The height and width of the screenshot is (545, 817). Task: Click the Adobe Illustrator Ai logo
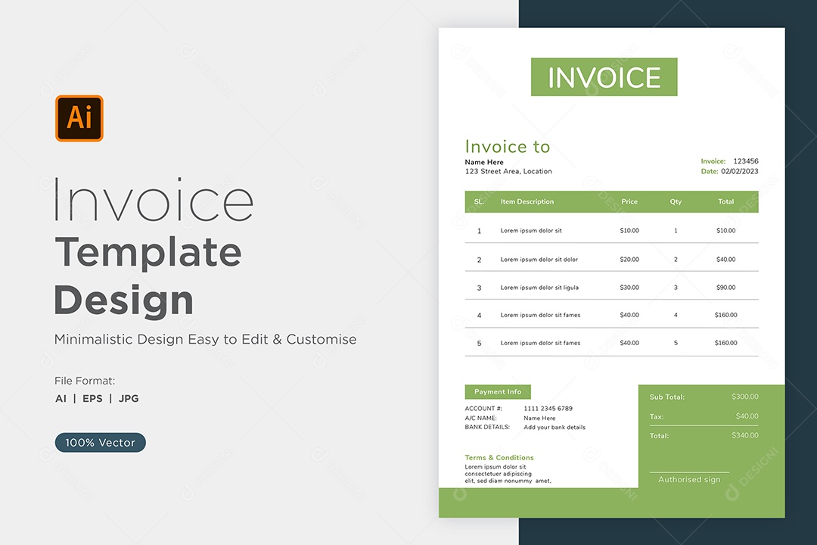(x=79, y=118)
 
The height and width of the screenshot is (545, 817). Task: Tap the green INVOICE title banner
(x=604, y=77)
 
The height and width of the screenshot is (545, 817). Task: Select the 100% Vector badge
(x=100, y=442)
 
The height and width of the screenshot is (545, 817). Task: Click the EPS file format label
(x=92, y=398)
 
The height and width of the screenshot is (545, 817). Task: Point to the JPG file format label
(x=129, y=398)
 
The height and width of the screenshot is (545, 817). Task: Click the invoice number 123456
(x=746, y=161)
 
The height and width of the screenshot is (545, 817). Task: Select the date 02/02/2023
(x=739, y=171)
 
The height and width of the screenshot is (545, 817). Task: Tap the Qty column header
(x=676, y=202)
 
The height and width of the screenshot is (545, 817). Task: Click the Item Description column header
(x=527, y=202)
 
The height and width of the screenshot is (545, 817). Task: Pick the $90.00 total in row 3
(x=725, y=288)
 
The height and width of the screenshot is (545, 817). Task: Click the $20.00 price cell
(x=629, y=259)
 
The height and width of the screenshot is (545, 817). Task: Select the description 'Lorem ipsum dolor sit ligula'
(x=539, y=288)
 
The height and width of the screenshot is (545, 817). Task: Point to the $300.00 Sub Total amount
(x=744, y=397)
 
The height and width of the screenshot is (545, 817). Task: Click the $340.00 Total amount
(x=744, y=435)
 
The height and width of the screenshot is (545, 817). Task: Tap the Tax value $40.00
(x=747, y=416)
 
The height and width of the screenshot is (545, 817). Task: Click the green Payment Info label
(x=498, y=391)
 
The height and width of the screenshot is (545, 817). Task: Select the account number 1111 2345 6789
(x=548, y=408)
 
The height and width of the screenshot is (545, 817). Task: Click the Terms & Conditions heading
(x=499, y=457)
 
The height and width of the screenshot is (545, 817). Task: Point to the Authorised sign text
(x=689, y=479)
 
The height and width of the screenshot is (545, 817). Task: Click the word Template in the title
(x=148, y=253)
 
